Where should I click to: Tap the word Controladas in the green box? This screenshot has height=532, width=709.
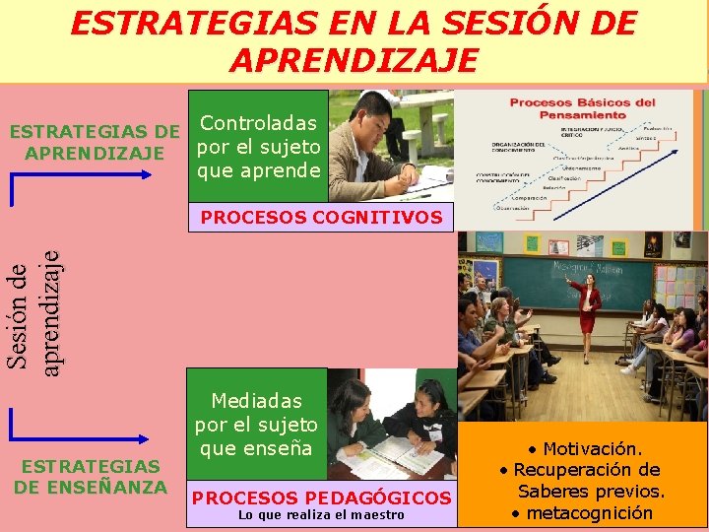(x=258, y=123)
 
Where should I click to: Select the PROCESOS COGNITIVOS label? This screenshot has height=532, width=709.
(x=321, y=217)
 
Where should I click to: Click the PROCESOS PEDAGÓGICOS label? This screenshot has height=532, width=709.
(x=321, y=498)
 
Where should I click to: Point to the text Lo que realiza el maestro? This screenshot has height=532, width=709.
(x=321, y=515)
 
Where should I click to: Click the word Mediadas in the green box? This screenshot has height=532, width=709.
(x=256, y=402)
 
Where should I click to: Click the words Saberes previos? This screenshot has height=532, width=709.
(x=591, y=491)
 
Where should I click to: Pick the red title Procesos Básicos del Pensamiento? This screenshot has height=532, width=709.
(x=582, y=108)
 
